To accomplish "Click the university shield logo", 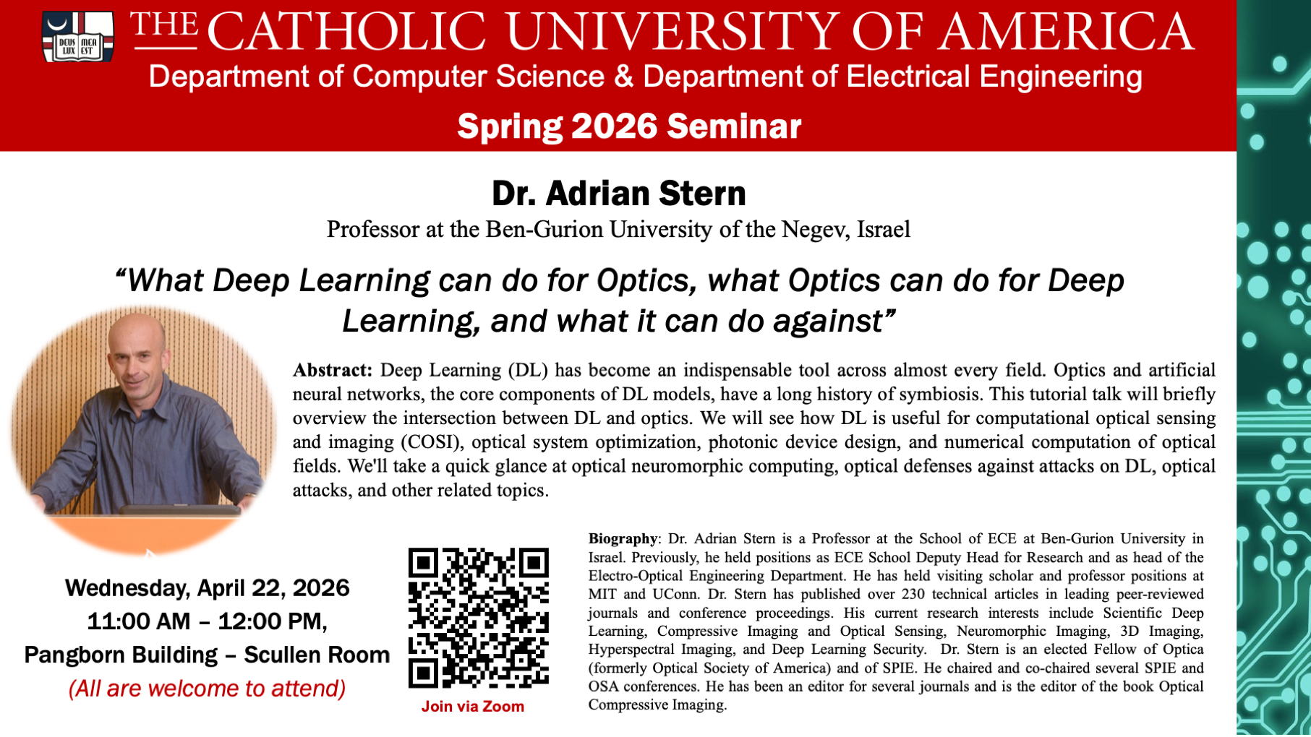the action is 77,37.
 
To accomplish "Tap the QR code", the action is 479,618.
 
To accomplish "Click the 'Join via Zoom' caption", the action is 473,707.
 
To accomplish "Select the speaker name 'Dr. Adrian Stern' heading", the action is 618,194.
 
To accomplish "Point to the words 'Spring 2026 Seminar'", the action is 629,126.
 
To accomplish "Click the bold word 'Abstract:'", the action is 333,370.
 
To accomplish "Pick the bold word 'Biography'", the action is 623,539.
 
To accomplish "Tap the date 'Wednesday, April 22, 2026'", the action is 208,588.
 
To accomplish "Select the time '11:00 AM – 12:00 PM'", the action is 205,621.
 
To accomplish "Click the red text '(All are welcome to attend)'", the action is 207,689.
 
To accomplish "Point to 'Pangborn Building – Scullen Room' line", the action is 208,655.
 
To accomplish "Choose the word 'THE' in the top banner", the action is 164,26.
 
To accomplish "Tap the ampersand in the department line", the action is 624,77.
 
